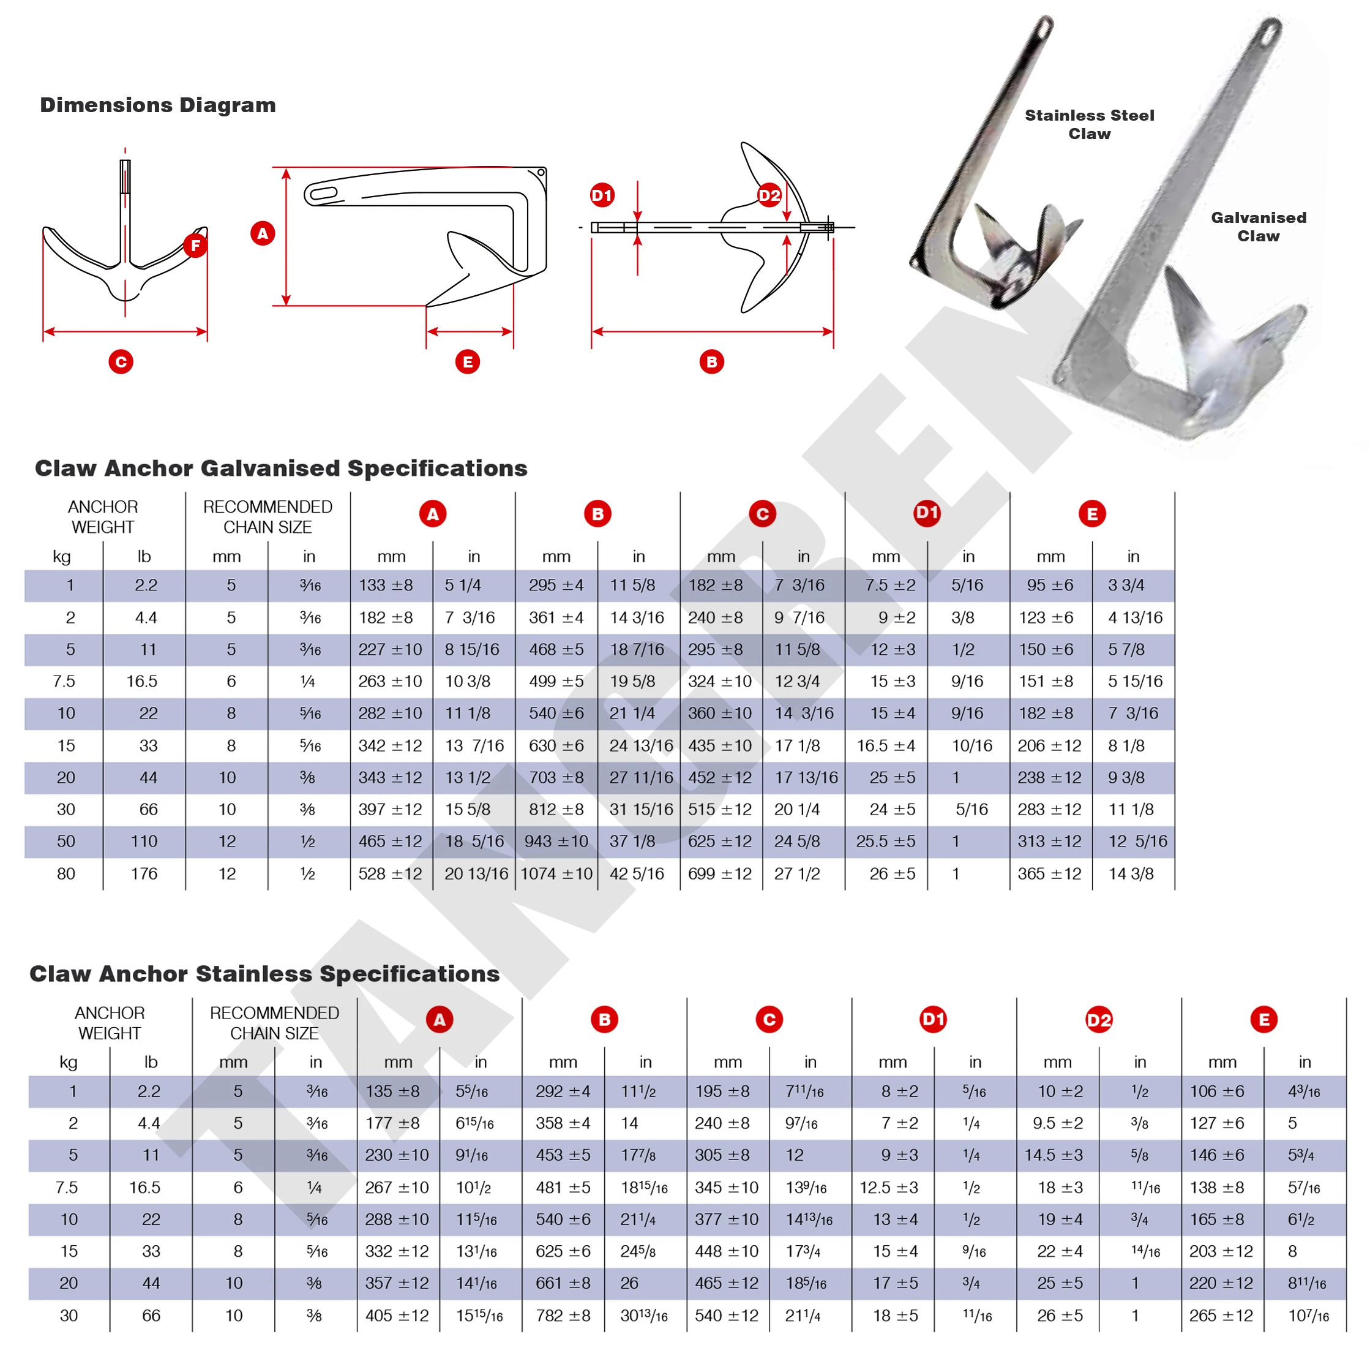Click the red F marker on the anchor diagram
195,246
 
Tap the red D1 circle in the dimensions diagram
602,195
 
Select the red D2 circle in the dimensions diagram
769,195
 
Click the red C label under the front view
121,362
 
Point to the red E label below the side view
467,362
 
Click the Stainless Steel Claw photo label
1089,124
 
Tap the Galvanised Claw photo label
1258,227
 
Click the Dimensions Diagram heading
157,105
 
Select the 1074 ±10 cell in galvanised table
556,873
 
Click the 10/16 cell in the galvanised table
971,745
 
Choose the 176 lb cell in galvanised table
144,873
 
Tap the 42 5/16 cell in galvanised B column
637,873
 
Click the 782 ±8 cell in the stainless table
563,1315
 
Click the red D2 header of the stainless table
1098,1019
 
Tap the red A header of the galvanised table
433,513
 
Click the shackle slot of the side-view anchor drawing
323,194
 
